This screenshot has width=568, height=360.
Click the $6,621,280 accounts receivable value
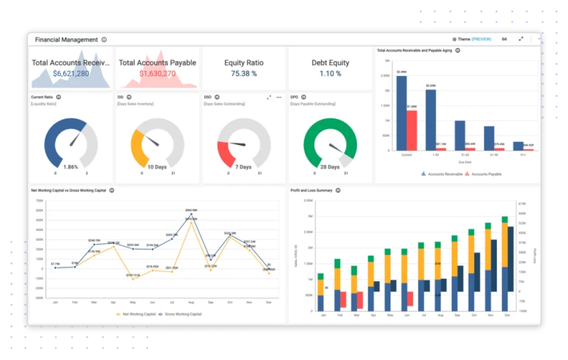point(71,73)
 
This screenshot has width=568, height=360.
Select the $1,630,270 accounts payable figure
point(157,73)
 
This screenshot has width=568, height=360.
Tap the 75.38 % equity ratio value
point(244,73)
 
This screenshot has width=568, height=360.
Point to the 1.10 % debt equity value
point(330,73)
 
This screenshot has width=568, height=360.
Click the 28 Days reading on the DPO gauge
point(329,167)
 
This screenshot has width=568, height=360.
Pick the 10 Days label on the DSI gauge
point(157,167)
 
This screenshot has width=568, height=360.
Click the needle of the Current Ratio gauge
point(73,138)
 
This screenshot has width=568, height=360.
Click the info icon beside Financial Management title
point(104,40)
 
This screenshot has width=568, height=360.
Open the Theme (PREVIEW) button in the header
point(471,39)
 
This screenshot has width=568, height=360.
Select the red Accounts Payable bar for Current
point(411,130)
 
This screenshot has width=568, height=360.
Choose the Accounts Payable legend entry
point(483,173)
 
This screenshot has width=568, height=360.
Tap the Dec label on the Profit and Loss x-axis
point(505,317)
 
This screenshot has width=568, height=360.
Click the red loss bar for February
point(343,300)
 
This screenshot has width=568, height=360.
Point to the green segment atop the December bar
point(505,215)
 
